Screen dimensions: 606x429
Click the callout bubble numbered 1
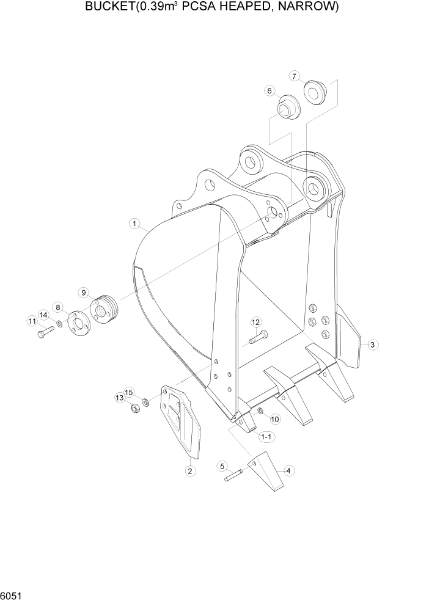(x=134, y=224)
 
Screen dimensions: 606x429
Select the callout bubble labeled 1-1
(x=266, y=437)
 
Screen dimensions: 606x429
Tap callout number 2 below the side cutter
(x=190, y=470)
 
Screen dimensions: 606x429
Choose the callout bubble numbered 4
(x=288, y=470)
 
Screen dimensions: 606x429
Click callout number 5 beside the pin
(x=223, y=466)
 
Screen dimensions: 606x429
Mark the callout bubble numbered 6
(x=268, y=91)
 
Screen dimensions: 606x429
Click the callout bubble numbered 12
(x=255, y=322)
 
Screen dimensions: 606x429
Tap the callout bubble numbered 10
(x=274, y=419)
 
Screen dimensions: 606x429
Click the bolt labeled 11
(x=46, y=332)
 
